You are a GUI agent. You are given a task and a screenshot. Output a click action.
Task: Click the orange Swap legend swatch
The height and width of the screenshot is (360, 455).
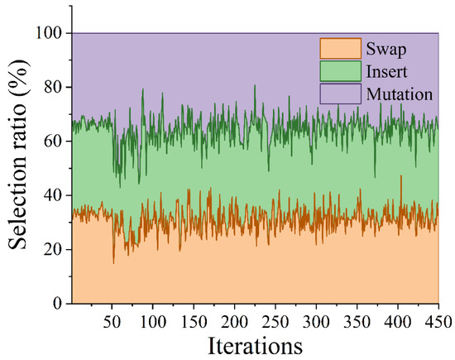341,49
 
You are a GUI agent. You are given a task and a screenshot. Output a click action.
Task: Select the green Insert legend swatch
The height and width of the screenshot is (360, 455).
341,71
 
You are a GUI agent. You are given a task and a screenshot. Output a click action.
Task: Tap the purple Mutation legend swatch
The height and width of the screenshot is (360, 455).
341,94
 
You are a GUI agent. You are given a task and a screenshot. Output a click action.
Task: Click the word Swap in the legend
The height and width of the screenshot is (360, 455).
386,50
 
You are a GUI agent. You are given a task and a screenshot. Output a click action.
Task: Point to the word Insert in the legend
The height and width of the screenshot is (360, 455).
386,71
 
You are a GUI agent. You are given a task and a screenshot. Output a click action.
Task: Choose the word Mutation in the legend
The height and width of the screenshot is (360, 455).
400,94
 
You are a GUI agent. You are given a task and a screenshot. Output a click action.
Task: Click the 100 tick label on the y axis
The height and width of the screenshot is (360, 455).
49,33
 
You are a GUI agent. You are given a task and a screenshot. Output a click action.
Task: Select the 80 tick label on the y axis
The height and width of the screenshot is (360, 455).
53,87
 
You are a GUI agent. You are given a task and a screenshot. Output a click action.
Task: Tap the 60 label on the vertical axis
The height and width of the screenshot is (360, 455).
53,141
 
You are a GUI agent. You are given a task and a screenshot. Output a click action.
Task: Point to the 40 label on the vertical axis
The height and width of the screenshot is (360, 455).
53,195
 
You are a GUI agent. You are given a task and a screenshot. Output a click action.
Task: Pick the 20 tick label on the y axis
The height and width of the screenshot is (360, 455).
53,249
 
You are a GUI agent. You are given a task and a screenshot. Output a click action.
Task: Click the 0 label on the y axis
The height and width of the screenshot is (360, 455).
57,304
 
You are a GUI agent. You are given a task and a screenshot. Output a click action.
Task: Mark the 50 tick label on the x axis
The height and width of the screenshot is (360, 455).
112,322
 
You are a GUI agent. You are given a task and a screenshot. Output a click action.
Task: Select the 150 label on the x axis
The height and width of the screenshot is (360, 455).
194,322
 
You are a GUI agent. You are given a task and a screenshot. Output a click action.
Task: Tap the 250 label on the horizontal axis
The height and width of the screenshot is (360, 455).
275,322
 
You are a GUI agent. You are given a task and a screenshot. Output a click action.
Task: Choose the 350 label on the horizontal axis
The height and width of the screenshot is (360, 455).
357,322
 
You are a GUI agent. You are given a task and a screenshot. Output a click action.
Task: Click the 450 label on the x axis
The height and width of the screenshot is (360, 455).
438,322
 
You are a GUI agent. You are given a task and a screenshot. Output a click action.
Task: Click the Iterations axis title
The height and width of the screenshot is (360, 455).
256,346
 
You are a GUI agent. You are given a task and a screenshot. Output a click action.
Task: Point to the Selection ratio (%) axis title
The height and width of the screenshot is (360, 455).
18,155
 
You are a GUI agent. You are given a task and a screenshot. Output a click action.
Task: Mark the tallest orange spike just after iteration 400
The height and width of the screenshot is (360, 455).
401,175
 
